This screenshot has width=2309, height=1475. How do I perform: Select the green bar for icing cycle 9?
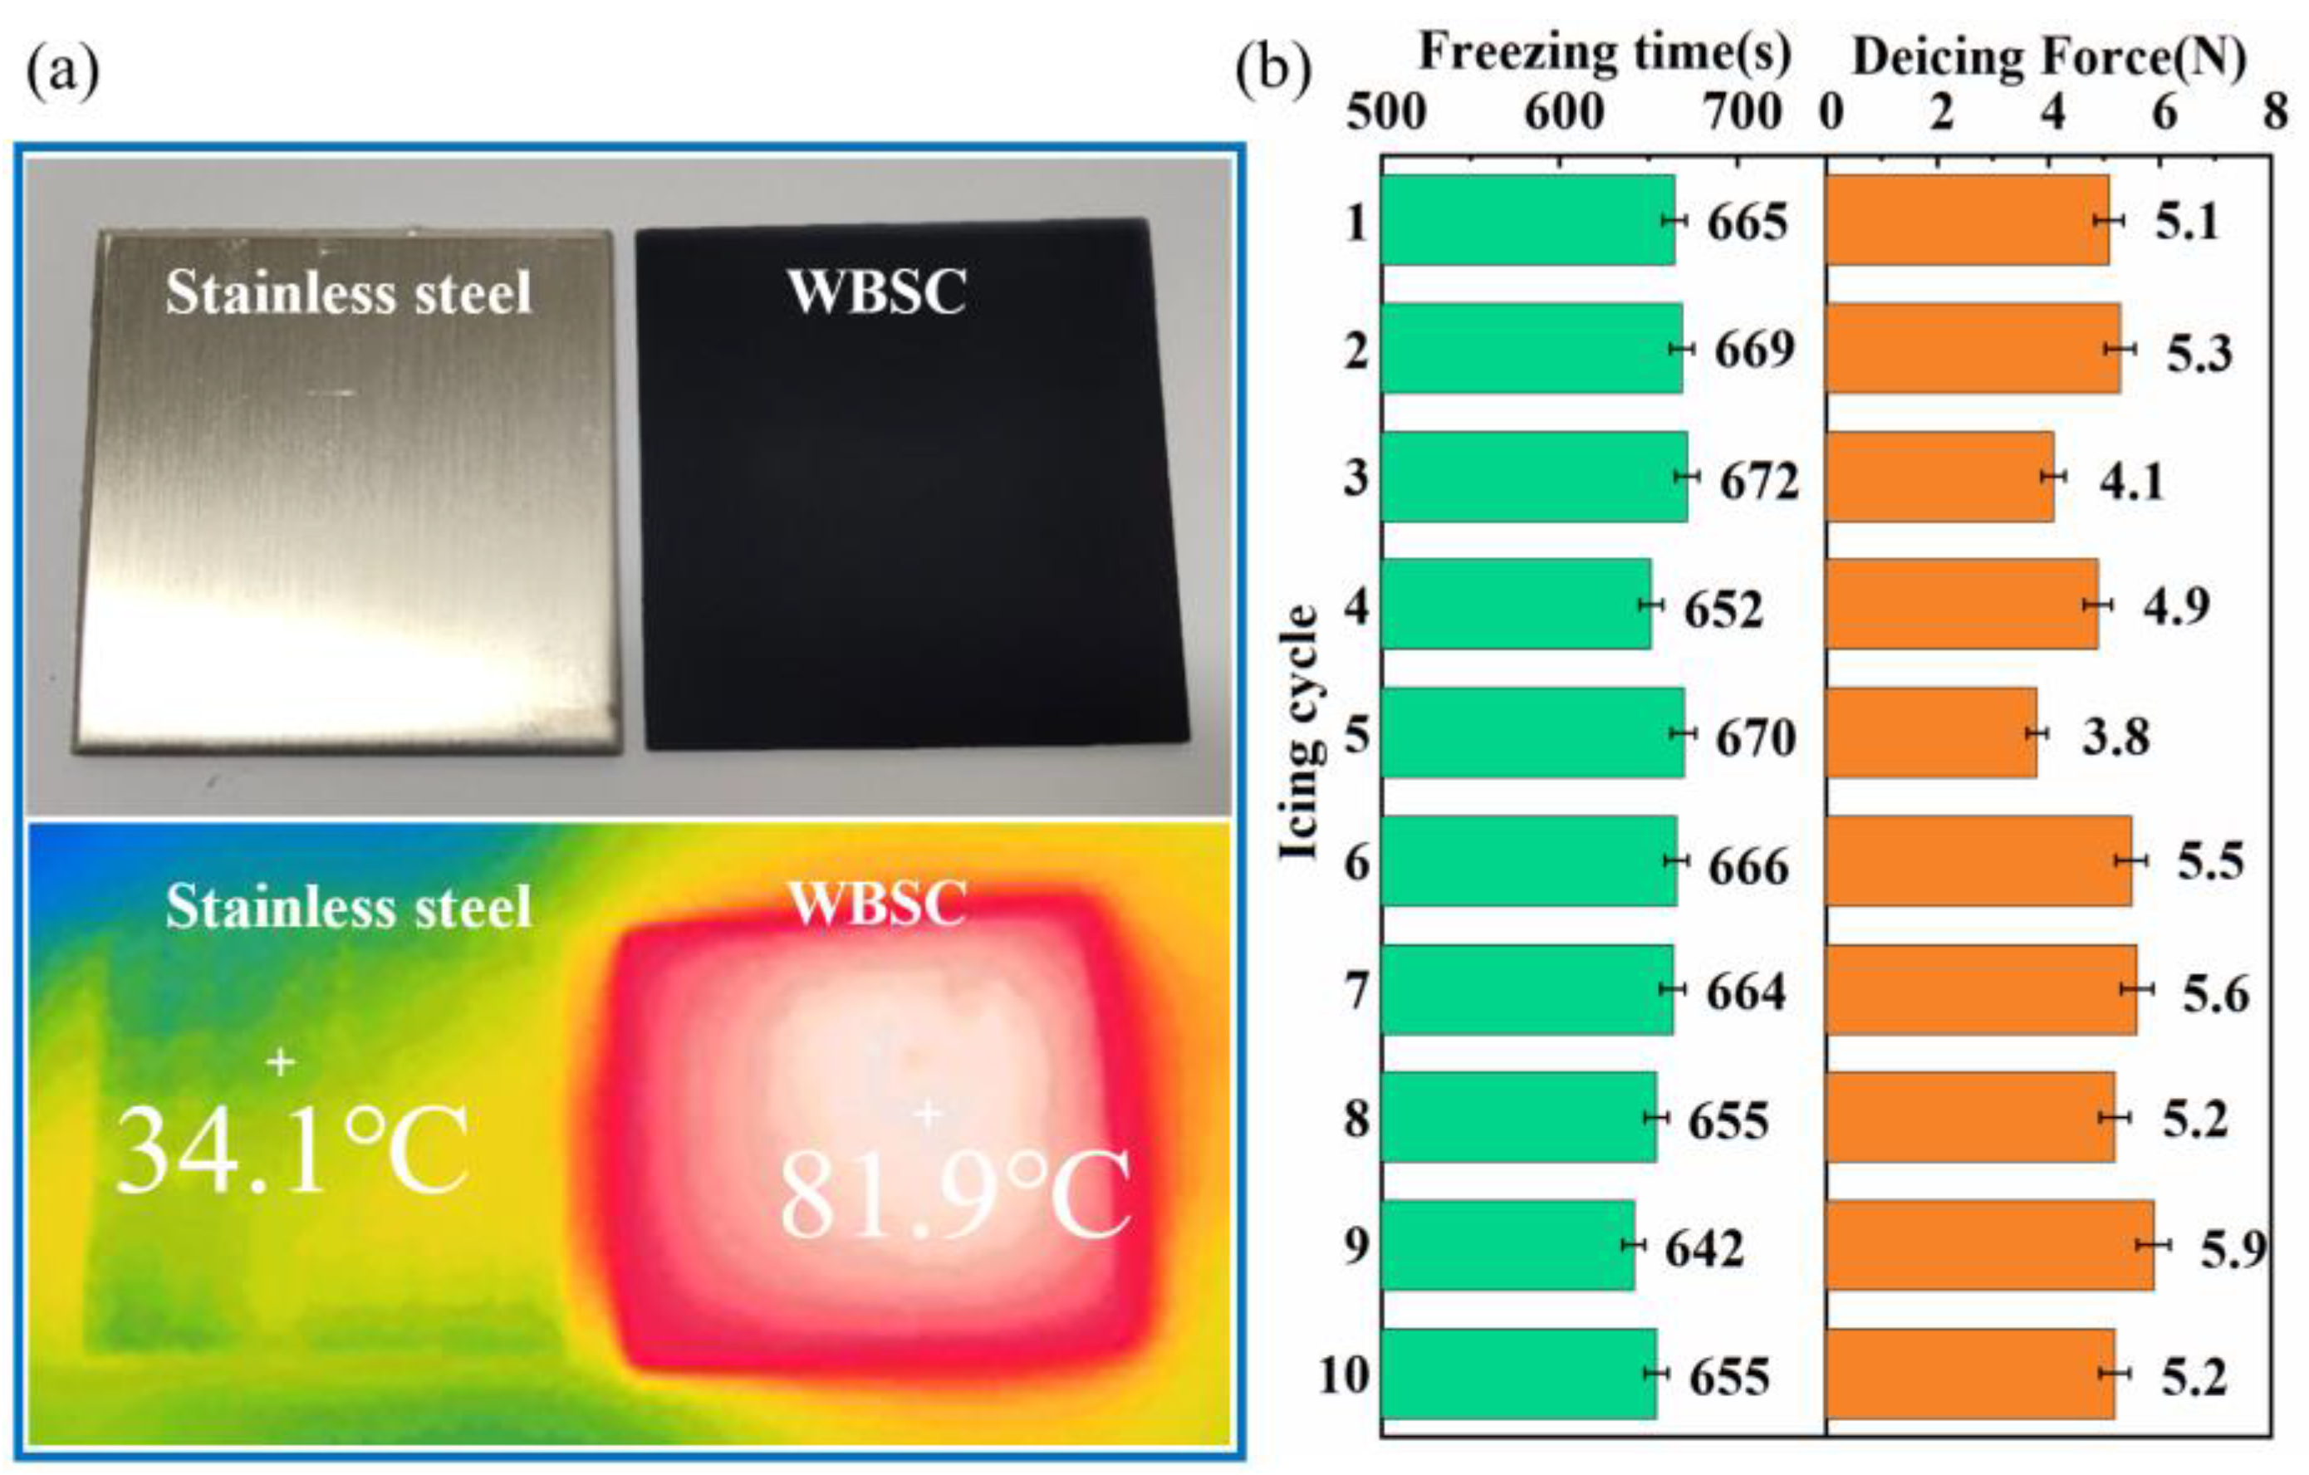tap(1507, 1245)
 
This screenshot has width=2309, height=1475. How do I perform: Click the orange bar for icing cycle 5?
tap(1930, 733)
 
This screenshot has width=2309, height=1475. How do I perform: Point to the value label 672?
tap(1758, 483)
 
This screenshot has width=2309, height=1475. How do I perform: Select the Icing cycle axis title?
tap(1299, 733)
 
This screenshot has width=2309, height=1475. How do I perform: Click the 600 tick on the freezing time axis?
tap(1563, 114)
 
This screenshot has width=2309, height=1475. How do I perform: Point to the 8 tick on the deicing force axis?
tap(2276, 114)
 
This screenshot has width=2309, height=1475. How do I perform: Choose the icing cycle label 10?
tap(1342, 1375)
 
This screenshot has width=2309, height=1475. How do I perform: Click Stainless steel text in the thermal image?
tap(348, 907)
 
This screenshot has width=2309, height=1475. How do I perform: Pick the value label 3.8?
tap(2115, 737)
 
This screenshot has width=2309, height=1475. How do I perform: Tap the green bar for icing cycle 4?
tap(1515, 604)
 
